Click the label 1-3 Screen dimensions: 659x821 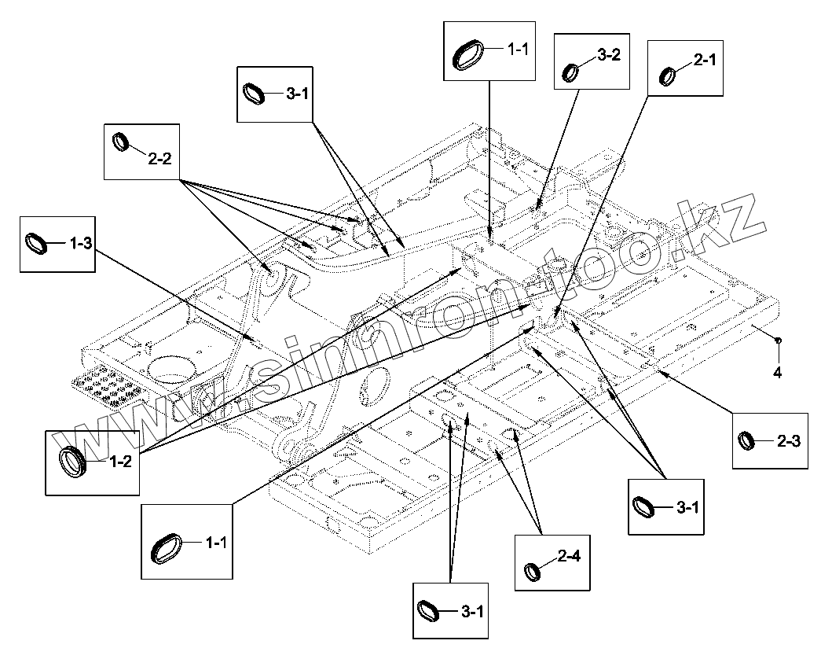[81, 244]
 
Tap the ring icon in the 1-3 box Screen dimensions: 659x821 [38, 242]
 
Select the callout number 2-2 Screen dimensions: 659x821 [159, 158]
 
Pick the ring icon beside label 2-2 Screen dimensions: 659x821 [121, 142]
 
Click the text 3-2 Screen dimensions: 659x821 [609, 55]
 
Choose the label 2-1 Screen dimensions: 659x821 [704, 59]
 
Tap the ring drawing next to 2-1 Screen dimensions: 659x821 [669, 76]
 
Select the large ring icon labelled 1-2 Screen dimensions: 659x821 [74, 460]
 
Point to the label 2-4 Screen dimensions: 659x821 [570, 557]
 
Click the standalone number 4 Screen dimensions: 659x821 [778, 374]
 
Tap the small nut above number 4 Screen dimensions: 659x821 [777, 341]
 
